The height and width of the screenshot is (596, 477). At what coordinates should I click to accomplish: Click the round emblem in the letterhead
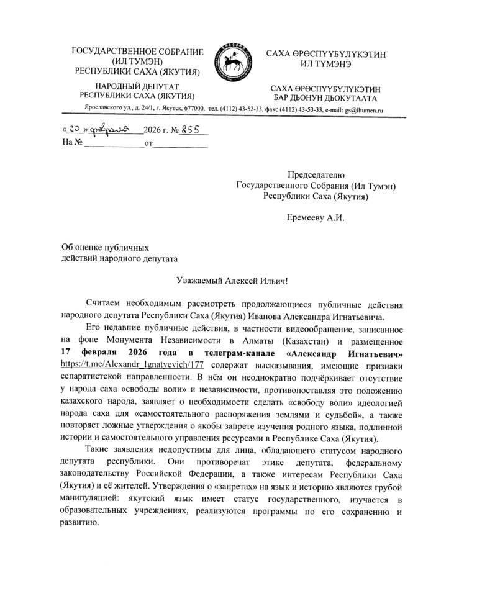tap(232, 63)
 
